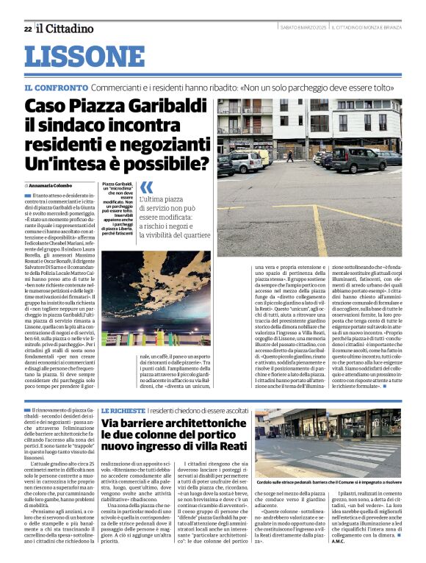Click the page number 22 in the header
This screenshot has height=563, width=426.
click(27, 29)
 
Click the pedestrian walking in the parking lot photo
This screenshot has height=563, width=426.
click(290, 156)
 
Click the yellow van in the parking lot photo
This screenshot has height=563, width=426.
click(262, 154)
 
